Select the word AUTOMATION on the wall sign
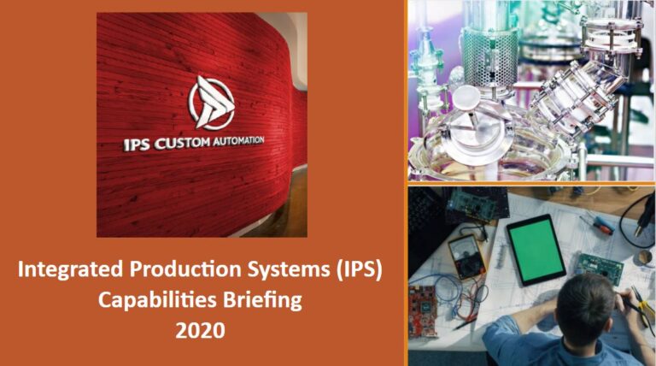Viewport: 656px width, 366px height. pos(237,139)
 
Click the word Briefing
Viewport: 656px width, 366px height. pos(264,301)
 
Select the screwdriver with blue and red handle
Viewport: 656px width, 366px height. pos(597,224)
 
